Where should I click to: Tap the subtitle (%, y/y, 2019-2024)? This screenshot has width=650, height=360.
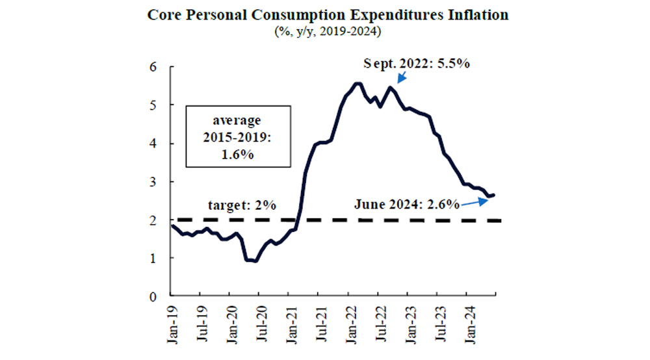pos(325,30)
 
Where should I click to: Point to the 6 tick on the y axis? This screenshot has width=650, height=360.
pos(154,67)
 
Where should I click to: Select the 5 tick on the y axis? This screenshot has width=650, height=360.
pos(154,105)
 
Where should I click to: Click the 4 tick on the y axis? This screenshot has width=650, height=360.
pos(154,144)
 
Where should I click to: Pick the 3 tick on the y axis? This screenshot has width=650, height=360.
pos(154,182)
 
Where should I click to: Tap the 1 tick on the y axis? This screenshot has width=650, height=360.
pos(154,258)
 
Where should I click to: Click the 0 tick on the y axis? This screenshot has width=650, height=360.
pos(154,296)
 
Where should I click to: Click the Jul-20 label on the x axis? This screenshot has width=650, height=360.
pos(259,322)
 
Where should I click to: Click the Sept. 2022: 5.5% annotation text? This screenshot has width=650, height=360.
pos(416,64)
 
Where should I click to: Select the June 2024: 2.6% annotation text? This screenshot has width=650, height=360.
pos(407,205)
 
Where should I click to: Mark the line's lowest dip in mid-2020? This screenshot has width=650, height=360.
pos(253,261)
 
